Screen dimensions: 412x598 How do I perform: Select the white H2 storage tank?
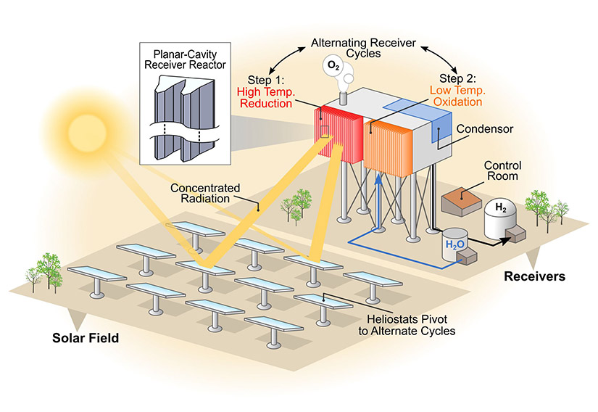(502, 218)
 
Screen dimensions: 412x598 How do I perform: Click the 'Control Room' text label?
(502, 171)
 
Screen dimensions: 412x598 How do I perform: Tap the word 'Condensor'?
(484, 129)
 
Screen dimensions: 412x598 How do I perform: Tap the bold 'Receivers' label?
(534, 276)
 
